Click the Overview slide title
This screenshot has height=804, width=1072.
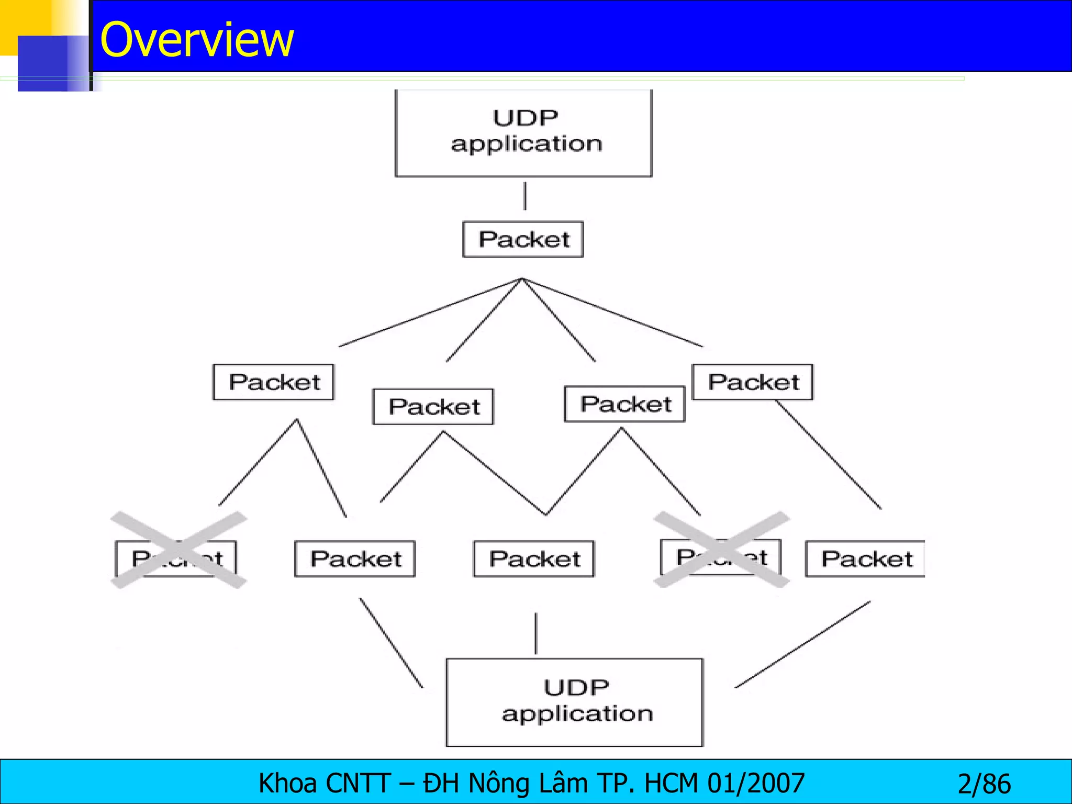(x=197, y=40)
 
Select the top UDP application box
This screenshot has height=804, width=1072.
(x=523, y=133)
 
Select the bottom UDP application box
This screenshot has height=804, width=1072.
(x=575, y=702)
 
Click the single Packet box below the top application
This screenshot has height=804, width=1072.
(x=523, y=239)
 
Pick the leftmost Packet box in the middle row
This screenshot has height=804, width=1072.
(x=273, y=382)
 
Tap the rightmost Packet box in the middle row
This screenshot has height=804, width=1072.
(x=752, y=382)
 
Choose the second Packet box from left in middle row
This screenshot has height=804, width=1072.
(x=433, y=407)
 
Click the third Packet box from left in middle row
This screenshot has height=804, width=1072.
(x=624, y=404)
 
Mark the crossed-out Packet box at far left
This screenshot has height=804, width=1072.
(x=176, y=558)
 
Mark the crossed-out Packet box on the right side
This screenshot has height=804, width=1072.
(x=721, y=557)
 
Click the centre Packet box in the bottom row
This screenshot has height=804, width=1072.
(x=534, y=559)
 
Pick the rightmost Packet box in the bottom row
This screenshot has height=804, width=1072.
(x=865, y=559)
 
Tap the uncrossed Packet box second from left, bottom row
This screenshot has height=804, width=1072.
(x=355, y=559)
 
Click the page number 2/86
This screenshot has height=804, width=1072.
(x=984, y=784)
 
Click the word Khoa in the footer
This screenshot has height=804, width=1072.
(x=287, y=784)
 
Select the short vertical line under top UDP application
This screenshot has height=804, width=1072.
(x=525, y=196)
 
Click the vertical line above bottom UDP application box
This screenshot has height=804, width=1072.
(x=535, y=633)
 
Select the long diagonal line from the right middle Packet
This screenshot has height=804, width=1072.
(x=828, y=454)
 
